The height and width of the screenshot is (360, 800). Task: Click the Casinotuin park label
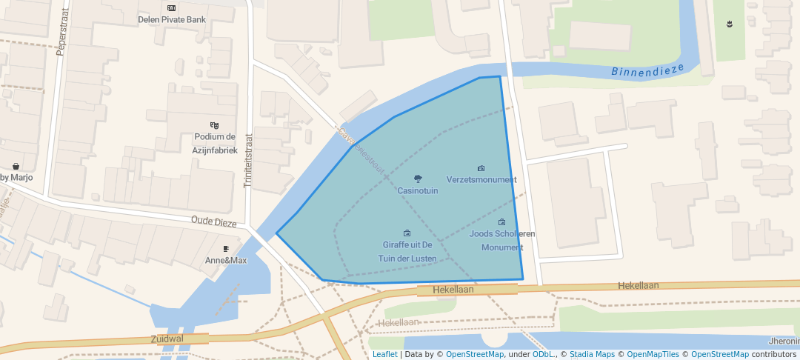[418, 190]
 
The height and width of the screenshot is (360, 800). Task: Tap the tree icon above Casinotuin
[418, 179]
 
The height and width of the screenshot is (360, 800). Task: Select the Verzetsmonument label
[481, 179]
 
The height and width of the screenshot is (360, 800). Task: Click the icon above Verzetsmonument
[481, 169]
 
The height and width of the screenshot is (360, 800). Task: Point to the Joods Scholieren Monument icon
[501, 222]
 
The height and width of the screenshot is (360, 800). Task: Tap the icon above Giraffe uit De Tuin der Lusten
[407, 233]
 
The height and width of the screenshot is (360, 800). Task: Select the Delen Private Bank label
[171, 19]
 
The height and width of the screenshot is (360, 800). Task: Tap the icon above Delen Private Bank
[171, 8]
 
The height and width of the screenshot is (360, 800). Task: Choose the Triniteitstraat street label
[249, 160]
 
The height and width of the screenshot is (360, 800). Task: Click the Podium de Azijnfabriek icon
[215, 125]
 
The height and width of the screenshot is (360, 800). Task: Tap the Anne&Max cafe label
[226, 261]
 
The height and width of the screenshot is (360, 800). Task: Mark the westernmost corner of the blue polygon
[277, 234]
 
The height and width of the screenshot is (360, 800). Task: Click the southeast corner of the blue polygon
[523, 279]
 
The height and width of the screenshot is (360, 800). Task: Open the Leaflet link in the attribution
[384, 354]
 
